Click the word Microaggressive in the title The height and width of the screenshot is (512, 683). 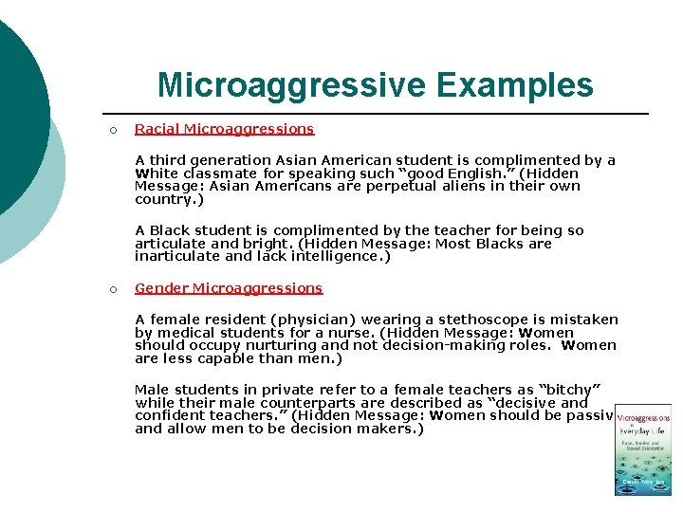coord(292,84)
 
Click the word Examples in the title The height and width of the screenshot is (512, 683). coord(514,84)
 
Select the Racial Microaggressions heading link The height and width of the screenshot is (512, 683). coord(224,129)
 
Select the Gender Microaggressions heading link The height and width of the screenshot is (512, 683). coord(229,288)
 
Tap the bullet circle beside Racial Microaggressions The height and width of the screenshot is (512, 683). coord(112,130)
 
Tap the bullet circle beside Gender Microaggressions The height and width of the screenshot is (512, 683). coord(112,289)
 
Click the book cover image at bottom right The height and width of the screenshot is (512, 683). coord(643,450)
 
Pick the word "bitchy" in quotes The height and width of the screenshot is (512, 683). coord(572,390)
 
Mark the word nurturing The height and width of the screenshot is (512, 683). coord(267,346)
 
